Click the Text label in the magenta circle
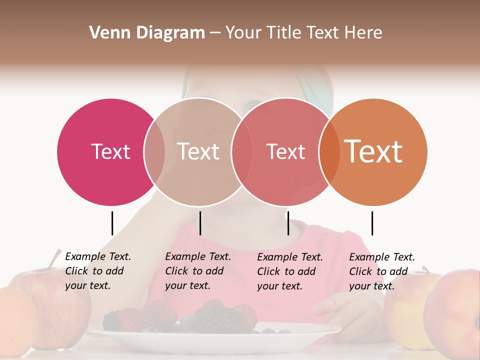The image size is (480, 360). pos(110,151)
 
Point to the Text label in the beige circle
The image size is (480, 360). pos(198,151)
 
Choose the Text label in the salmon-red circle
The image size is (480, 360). pos(285,151)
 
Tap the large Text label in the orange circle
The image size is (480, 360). pos(373,151)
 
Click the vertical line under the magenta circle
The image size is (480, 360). pos(112,223)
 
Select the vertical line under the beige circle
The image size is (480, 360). pos(200,223)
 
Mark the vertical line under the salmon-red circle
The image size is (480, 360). pos(288,223)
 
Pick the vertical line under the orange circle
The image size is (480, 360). pos(372,223)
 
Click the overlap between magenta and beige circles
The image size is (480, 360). pos(154,152)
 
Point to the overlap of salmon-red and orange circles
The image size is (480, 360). pos(329,152)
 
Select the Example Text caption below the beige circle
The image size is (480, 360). pos(198,271)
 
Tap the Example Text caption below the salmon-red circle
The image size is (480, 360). pos(290,271)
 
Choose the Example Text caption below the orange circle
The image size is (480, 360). pos(382,271)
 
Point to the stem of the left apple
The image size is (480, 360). pos(54,259)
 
